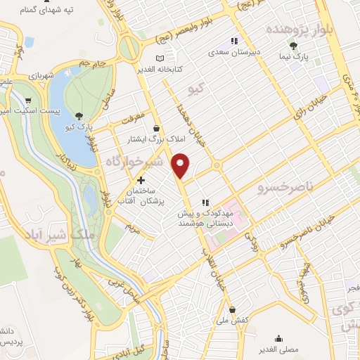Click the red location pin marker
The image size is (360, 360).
tap(181, 165)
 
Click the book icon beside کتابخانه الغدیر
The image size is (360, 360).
tap(160, 58)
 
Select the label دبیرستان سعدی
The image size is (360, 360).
tap(238, 52)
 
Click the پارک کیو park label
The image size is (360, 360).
tap(82, 128)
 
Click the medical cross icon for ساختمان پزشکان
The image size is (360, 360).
tap(141, 180)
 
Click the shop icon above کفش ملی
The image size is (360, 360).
tap(232, 309)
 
